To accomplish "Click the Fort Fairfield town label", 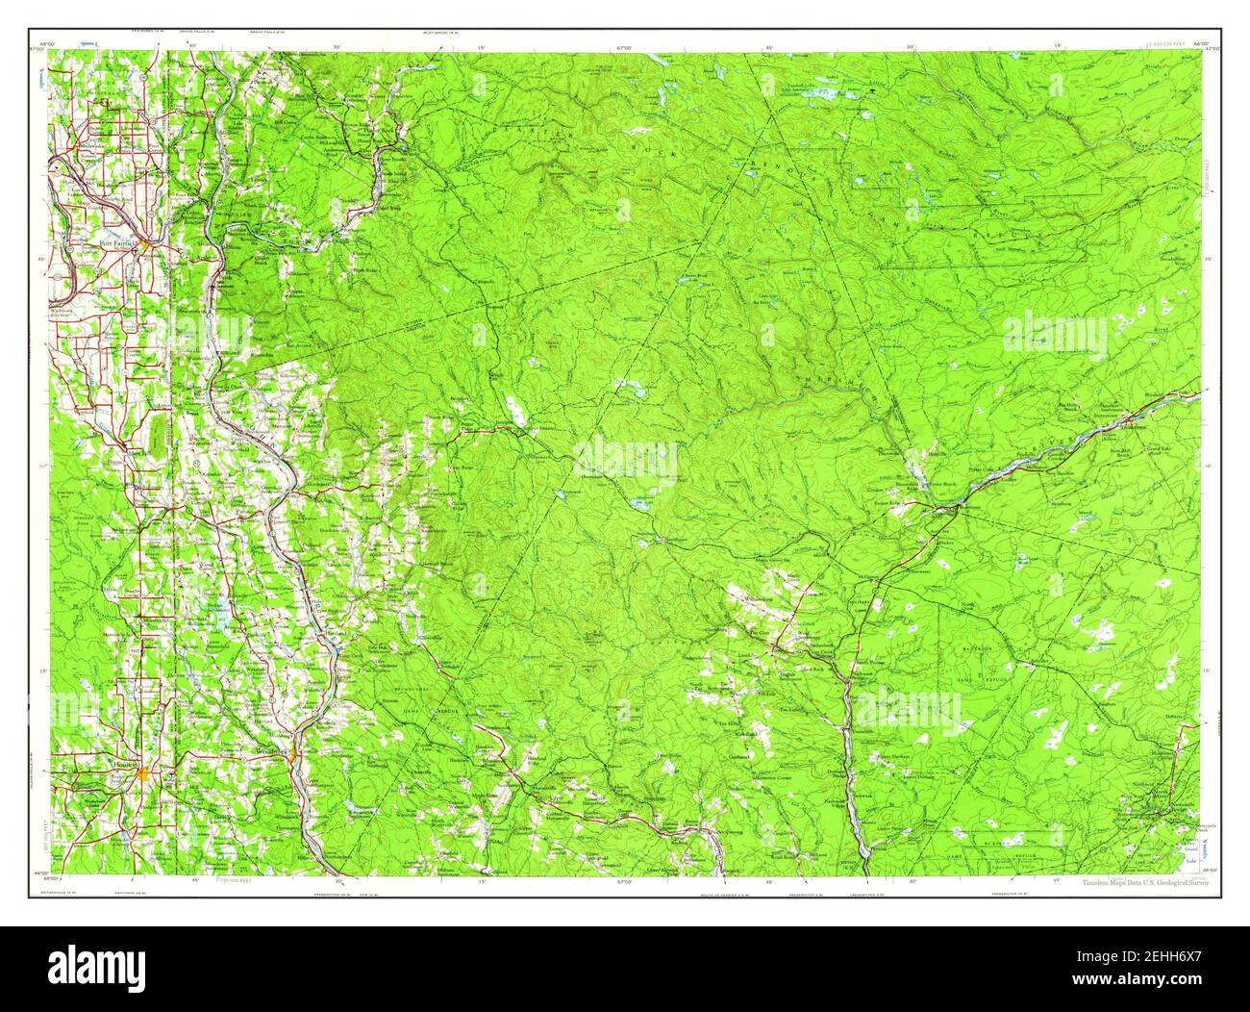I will click(116, 244).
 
